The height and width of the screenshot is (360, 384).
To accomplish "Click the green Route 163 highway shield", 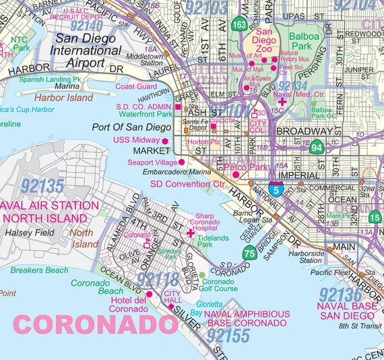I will click(238, 25).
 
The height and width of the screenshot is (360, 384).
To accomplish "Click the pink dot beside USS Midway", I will click(166, 140).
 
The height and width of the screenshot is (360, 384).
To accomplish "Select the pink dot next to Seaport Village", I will click(181, 162).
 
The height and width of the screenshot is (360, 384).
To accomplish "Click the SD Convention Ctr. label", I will click(187, 183).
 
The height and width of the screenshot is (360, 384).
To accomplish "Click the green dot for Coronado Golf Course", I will click(202, 275).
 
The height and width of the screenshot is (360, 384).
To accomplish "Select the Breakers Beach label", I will click(39, 270).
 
